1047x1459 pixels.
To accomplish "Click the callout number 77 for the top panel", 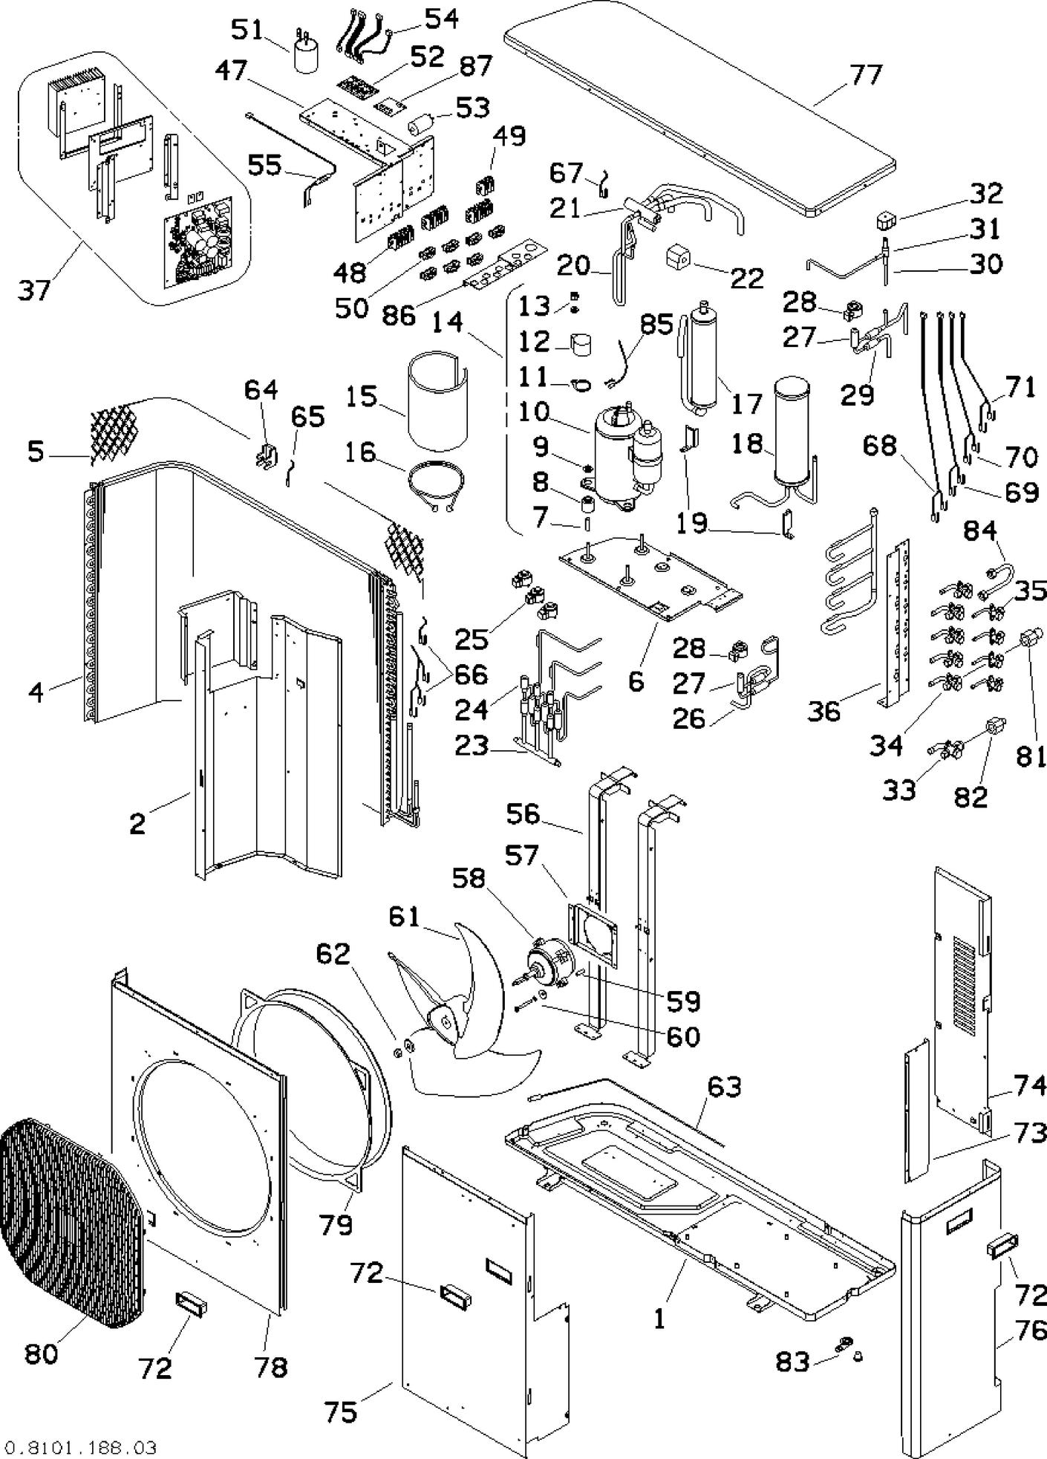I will pyautogui.click(x=866, y=75).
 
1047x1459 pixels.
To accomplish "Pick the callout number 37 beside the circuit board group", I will pyautogui.click(x=35, y=290).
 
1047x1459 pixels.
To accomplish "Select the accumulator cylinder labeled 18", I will pyautogui.click(x=795, y=431).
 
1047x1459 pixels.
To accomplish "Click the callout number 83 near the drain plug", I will pyautogui.click(x=792, y=1362).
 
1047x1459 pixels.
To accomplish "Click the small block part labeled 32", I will pyautogui.click(x=886, y=218).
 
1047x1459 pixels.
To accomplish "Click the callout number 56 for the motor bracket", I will pyautogui.click(x=523, y=813).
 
